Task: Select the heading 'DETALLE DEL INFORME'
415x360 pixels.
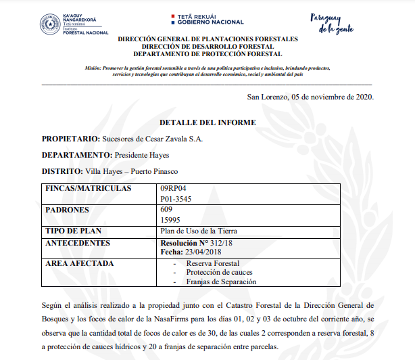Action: pos(207,122)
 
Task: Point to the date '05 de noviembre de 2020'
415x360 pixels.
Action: pos(333,97)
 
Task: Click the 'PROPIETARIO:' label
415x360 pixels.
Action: pos(70,139)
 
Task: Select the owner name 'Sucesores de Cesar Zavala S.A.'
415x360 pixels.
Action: pos(152,139)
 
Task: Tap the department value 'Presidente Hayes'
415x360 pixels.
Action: pos(147,155)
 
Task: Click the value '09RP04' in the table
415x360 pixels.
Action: pos(173,189)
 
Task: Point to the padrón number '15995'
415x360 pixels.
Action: pos(171,221)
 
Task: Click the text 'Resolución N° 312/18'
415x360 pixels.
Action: pos(196,242)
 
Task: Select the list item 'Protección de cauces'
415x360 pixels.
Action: pos(218,272)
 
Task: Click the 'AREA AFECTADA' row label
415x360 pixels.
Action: pos(79,263)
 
